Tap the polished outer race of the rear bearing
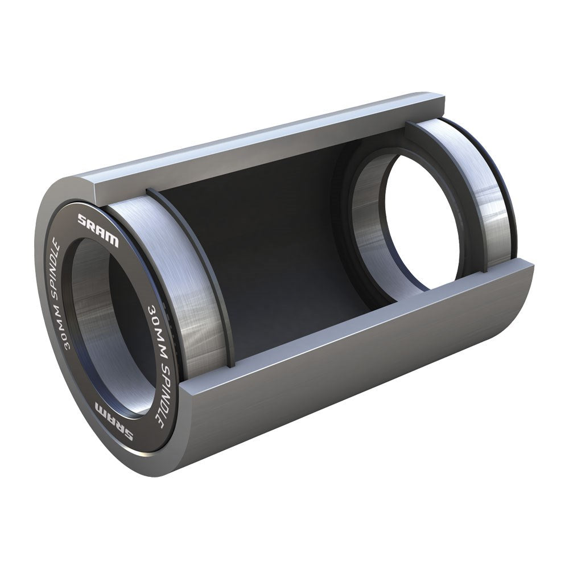(489, 193)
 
